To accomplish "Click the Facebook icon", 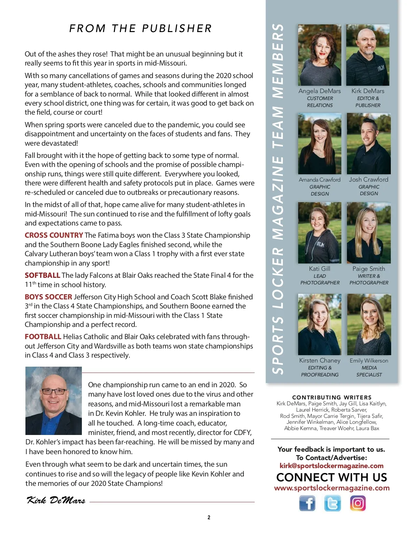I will (x=307, y=503).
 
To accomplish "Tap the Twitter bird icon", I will (x=332, y=503).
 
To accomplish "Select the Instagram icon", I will (x=358, y=503).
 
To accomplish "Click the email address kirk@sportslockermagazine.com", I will (x=331, y=466).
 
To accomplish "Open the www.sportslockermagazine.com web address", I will (x=332, y=488).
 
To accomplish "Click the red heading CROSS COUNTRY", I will (x=54, y=235).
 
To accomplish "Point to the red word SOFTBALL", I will (x=42, y=275).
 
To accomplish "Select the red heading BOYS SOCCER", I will (x=48, y=297).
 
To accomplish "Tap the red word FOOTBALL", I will (x=43, y=337).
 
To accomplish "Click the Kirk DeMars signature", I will (x=56, y=500).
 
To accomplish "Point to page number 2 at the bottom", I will (x=209, y=518).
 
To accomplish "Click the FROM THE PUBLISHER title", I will (x=140, y=29).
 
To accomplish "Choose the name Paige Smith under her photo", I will (x=369, y=269).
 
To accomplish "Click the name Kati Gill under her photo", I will (x=319, y=269).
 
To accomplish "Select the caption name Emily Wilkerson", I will (x=369, y=361).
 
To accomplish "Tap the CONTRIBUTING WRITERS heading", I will (x=332, y=397).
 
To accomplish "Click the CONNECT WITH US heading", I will (x=332, y=477).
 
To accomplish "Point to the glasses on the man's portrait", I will (x=54, y=391).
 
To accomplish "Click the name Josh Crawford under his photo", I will (x=369, y=179).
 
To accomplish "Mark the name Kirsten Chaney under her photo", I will (x=319, y=360).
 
